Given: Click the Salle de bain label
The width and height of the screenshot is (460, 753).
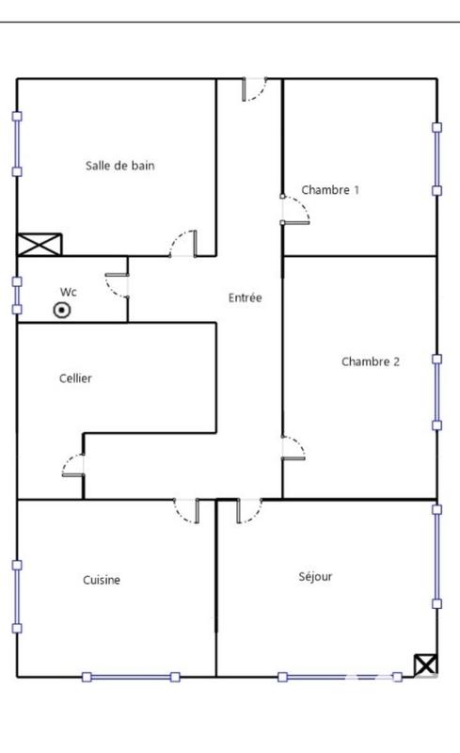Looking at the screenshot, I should [119, 166].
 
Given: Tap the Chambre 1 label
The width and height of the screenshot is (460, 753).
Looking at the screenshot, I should [330, 190].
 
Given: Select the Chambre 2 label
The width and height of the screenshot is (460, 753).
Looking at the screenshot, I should [370, 360].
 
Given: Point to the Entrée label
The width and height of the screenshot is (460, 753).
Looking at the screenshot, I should [245, 298].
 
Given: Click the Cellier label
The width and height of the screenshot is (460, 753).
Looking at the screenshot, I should [75, 378].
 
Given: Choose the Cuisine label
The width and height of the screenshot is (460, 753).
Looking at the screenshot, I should [101, 580].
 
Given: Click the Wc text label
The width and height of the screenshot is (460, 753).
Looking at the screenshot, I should [69, 291].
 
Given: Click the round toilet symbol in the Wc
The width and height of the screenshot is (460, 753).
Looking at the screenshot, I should [62, 310].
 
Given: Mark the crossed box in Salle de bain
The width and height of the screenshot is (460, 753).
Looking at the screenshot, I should [40, 245].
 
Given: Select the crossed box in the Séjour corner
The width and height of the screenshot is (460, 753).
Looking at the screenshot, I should [425, 665].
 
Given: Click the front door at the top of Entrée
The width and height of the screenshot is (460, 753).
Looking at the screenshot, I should [255, 88].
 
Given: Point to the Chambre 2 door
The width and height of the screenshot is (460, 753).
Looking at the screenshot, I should [293, 448].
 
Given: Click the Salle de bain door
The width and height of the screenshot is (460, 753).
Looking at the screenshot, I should [183, 244].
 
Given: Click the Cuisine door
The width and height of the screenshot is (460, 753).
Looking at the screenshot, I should [186, 511].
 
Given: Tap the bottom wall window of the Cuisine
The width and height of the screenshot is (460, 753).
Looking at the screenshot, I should [130, 676].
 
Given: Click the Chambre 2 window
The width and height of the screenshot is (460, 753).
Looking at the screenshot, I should [436, 392].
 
